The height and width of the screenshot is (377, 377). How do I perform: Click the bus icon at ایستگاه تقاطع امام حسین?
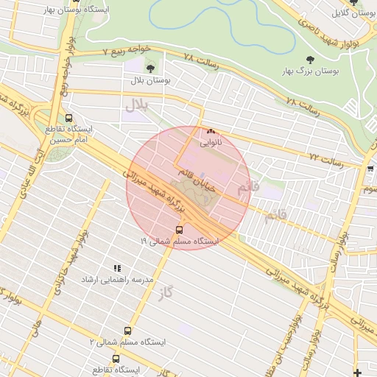(68, 118)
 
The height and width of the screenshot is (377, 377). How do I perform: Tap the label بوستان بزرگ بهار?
(309, 71)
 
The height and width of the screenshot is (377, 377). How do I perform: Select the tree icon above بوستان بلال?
(151, 68)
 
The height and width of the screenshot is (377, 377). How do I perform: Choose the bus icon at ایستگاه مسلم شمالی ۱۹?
(180, 230)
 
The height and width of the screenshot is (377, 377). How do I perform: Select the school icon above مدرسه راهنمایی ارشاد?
(116, 269)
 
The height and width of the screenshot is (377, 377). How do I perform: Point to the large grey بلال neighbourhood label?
(136, 105)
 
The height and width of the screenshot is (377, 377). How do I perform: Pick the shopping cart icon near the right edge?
(370, 169)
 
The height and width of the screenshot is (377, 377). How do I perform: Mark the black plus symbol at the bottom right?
(358, 372)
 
